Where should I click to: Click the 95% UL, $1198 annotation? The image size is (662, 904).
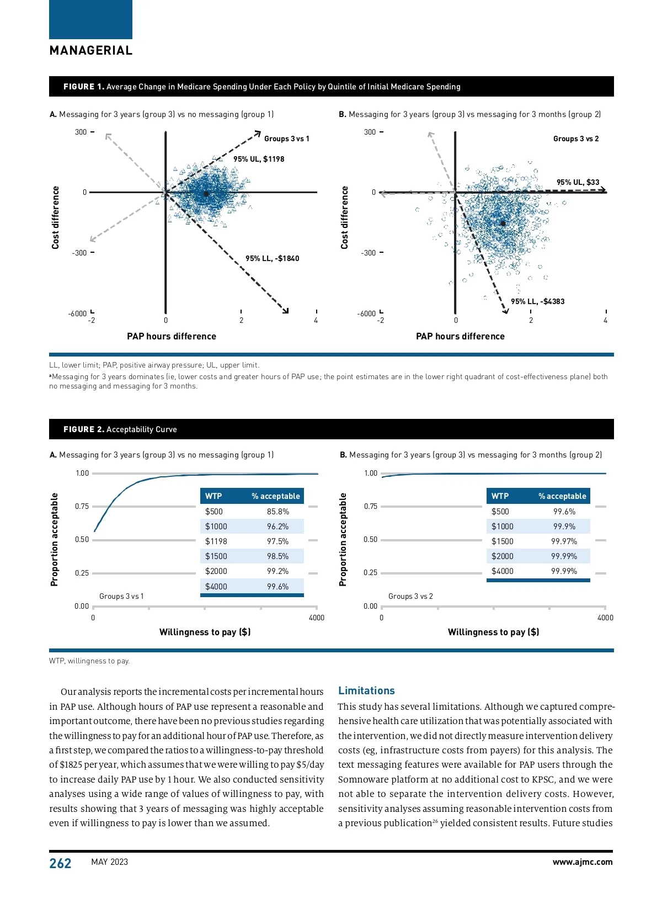(259, 159)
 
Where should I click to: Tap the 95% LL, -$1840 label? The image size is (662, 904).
(273, 258)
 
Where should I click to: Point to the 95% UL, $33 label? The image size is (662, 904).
(578, 182)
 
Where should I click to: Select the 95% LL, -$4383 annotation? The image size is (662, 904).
(537, 301)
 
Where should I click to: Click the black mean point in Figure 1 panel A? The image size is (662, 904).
(206, 194)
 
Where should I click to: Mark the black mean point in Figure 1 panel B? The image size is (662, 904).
(503, 224)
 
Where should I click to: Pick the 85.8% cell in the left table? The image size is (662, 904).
(277, 512)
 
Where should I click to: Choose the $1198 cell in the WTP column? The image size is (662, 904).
(216, 541)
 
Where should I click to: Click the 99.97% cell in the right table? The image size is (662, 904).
(564, 541)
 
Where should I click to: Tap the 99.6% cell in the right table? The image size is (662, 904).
(564, 512)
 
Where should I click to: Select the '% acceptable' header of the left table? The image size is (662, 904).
(276, 496)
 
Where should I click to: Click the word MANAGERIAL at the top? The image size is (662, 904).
(91, 51)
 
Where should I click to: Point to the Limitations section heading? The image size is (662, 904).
(366, 690)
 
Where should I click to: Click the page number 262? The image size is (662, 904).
(60, 863)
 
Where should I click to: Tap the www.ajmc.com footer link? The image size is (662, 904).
(582, 862)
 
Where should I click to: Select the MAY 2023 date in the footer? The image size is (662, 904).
(109, 862)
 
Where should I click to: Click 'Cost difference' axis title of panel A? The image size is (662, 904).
(55, 217)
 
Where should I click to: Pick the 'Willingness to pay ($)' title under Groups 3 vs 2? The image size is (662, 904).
(493, 632)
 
